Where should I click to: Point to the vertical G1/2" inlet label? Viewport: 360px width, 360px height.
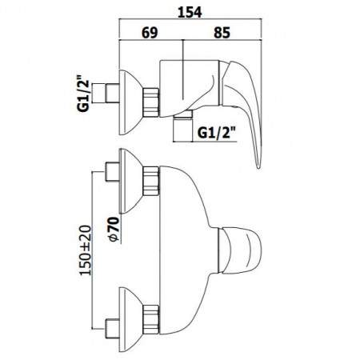click(83, 95)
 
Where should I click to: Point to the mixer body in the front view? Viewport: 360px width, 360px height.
click(192, 240)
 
